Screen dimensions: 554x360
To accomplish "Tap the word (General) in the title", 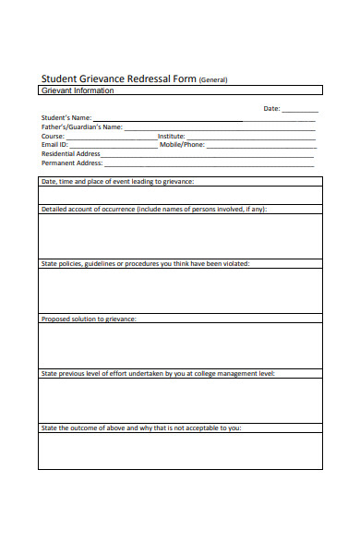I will pos(213,80).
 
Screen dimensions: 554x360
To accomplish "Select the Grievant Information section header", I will pos(78,90).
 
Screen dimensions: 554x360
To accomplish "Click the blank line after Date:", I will pos(299,110).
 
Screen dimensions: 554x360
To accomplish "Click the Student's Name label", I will pos(66,118).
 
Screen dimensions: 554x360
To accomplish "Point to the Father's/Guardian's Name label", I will pos(82,127).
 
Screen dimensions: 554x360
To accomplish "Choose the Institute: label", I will pos(172,136).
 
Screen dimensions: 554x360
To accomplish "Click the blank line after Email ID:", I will pos(113,146).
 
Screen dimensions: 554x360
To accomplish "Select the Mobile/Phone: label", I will pos(182,145).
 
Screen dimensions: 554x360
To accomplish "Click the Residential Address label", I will pos(71,154).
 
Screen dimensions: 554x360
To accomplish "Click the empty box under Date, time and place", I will pos(180,195).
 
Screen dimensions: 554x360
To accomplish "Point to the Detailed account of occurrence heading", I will pos(154,210).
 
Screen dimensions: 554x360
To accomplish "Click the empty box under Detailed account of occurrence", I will pos(180,235).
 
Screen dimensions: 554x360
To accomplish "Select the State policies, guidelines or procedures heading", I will pos(145,264).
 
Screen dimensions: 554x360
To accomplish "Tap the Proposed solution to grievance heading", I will pos(89,319).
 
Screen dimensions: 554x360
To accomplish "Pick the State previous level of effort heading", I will pos(158,374).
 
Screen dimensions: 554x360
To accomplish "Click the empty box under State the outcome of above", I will pos(180,451).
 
